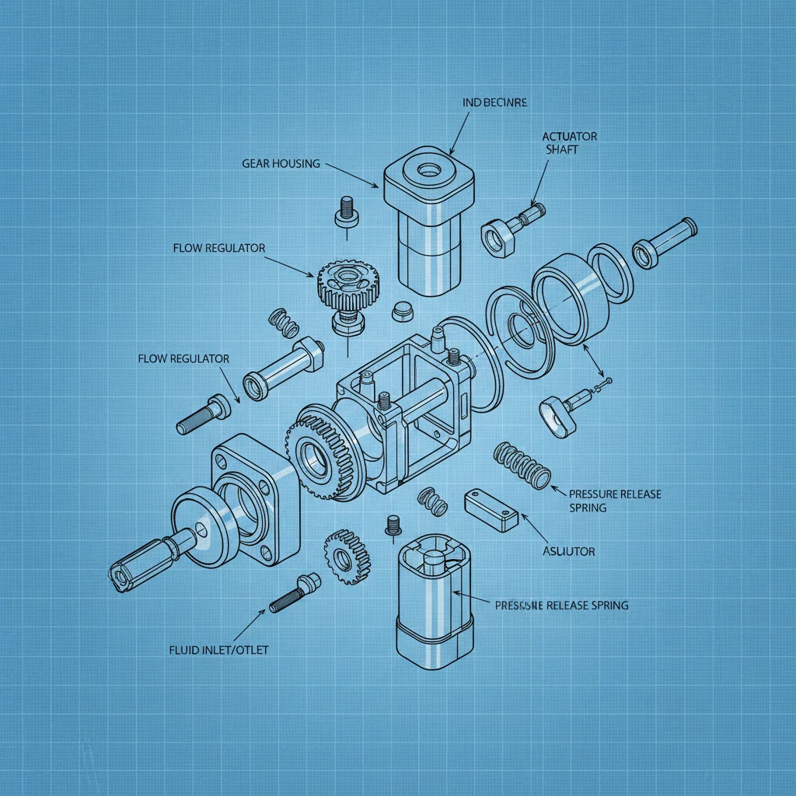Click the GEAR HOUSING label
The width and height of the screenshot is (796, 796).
pos(280,163)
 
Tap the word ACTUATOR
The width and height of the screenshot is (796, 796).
pos(569,137)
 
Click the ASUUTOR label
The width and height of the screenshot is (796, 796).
pos(567,551)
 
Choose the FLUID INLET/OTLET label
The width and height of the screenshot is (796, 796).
pos(218,650)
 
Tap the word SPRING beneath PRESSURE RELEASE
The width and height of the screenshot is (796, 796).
pos(588,508)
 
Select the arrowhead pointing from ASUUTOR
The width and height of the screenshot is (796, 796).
pos(521,516)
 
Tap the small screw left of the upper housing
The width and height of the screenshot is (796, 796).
pos(346,211)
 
